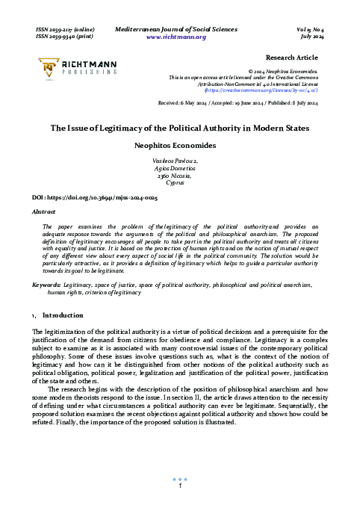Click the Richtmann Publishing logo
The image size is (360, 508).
(71, 68)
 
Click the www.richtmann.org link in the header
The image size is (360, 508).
(180, 36)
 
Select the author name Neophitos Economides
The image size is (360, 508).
(180, 146)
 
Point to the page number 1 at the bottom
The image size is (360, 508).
(180, 487)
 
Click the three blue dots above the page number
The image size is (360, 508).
(180, 479)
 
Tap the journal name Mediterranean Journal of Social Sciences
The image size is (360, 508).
(180, 28)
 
